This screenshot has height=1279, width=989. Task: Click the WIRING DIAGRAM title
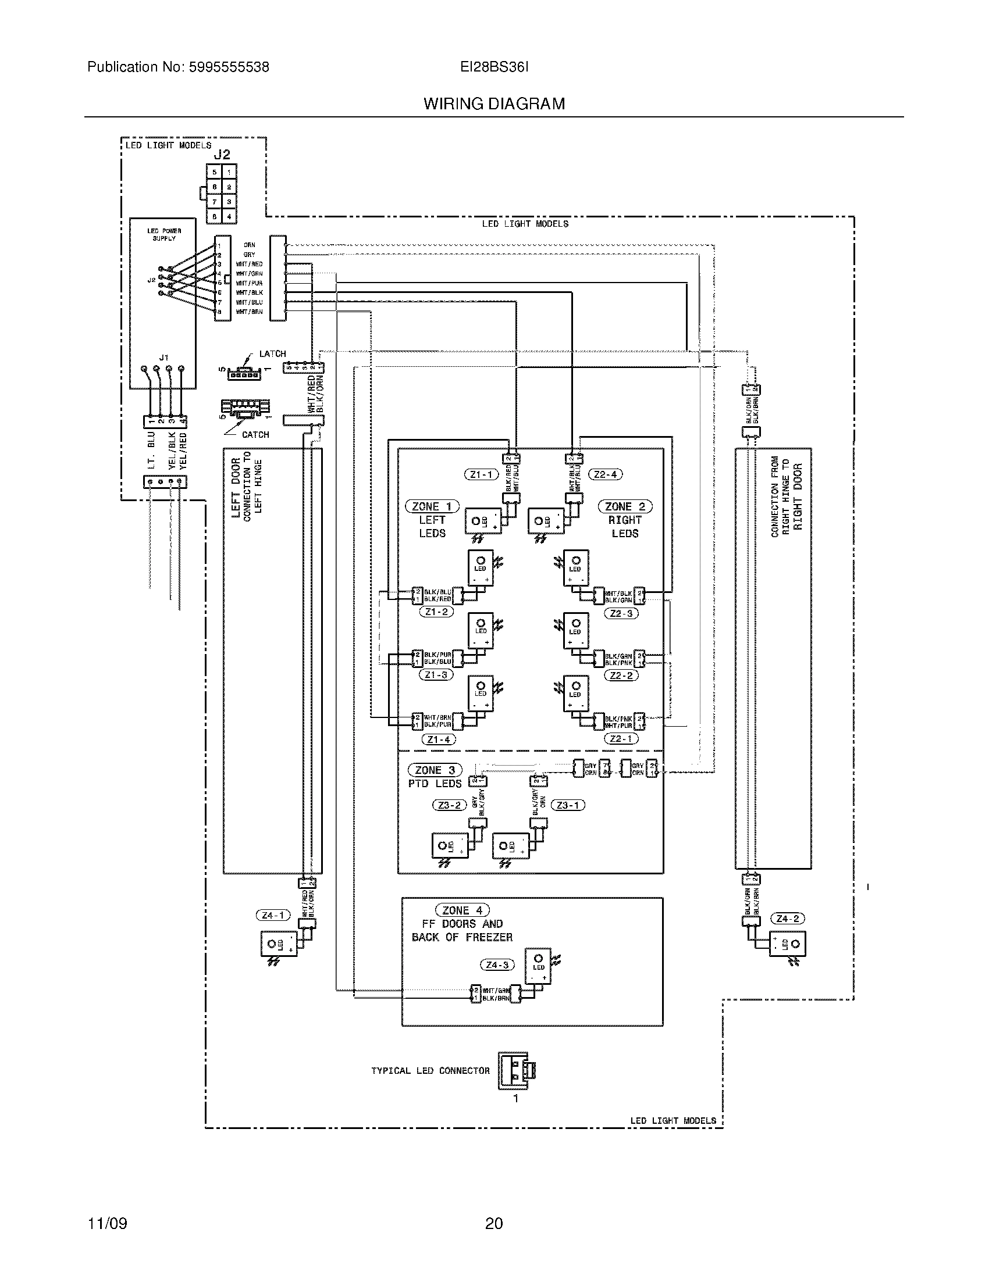[494, 103]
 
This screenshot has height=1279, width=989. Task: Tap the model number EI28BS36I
[494, 67]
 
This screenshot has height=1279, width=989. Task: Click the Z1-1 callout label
[481, 474]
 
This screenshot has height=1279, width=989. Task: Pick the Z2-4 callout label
[605, 474]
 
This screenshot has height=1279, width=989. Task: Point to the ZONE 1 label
[432, 506]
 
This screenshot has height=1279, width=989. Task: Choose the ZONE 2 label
[625, 506]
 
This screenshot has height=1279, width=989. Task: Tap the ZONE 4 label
[463, 910]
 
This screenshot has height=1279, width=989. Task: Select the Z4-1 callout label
[273, 914]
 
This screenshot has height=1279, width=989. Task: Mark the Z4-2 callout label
[788, 918]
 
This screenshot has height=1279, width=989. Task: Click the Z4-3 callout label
[497, 964]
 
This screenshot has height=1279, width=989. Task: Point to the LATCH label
[272, 353]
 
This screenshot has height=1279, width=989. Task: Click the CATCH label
[255, 434]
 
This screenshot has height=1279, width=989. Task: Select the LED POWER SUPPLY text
[164, 234]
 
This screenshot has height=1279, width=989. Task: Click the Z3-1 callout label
[567, 805]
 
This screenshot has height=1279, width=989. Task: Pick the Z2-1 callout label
[621, 739]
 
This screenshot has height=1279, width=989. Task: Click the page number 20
[494, 1223]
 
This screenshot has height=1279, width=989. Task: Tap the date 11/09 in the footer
[107, 1223]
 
